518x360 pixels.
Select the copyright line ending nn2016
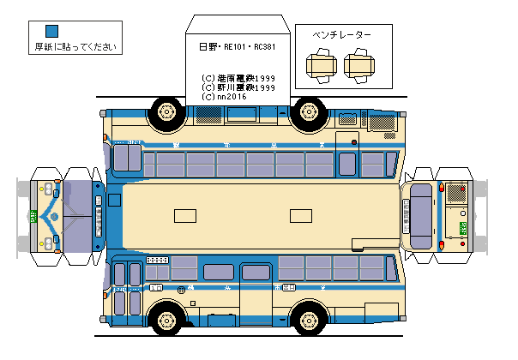225,97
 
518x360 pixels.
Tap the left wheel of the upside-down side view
165,111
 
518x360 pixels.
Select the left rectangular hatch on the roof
184,215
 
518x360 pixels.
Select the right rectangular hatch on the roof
300,215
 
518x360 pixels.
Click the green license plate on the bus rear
462,228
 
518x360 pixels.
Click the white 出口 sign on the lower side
157,259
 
